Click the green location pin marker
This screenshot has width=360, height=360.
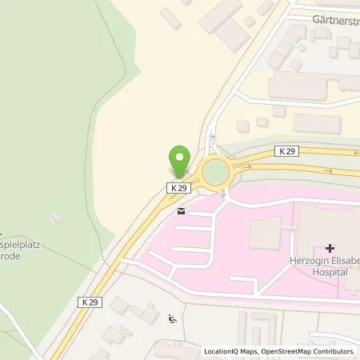(180, 161)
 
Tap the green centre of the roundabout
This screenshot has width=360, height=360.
(216, 171)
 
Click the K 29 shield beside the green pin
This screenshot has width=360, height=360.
(179, 187)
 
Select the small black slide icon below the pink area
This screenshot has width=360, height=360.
(171, 320)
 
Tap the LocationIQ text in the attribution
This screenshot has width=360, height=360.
(225, 351)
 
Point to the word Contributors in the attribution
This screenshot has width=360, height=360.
(330, 351)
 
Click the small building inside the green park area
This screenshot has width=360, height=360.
(54, 217)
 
